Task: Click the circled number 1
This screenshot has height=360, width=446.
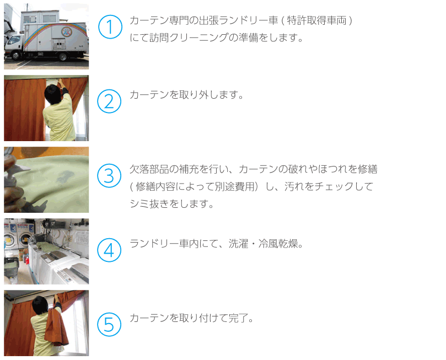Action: (x=110, y=27)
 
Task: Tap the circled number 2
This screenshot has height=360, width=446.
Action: (x=109, y=101)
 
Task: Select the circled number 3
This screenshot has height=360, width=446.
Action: (x=109, y=175)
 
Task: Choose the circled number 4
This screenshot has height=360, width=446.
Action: (x=109, y=250)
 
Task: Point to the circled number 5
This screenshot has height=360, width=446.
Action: (x=109, y=325)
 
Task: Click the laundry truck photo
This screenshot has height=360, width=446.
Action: (x=46, y=36)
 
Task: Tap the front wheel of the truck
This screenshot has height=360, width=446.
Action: (x=15, y=55)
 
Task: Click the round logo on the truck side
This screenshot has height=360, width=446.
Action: (x=67, y=31)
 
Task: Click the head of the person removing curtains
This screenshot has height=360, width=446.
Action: (x=53, y=93)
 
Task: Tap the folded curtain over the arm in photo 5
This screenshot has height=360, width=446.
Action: (x=56, y=326)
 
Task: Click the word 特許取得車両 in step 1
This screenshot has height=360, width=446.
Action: (x=316, y=20)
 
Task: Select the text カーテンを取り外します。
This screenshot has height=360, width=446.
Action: (x=186, y=95)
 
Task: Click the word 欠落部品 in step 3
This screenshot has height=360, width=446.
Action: (x=149, y=169)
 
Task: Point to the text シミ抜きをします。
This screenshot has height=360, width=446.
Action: (x=171, y=203)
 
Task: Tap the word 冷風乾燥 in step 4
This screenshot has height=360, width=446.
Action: (x=278, y=244)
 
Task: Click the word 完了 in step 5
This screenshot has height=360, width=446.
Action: (x=238, y=318)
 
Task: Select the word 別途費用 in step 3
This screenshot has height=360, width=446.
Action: (x=234, y=186)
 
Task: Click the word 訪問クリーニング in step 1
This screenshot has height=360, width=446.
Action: (x=189, y=37)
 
